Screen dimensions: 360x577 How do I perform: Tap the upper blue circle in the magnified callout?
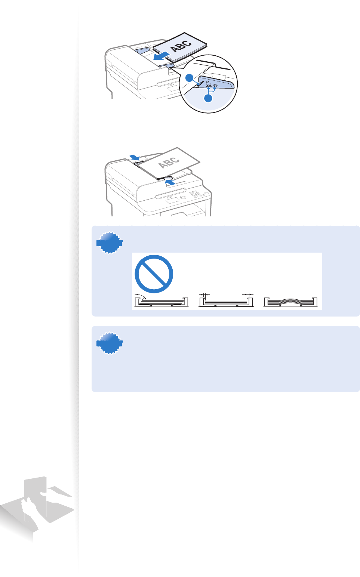click(x=190, y=78)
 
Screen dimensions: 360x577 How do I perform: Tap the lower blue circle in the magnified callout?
click(x=208, y=98)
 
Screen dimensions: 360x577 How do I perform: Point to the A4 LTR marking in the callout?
click(x=209, y=83)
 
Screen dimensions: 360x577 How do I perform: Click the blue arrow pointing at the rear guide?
click(x=135, y=157)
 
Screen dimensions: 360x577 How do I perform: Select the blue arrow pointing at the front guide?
click(x=170, y=182)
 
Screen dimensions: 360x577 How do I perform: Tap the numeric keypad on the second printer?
click(x=196, y=194)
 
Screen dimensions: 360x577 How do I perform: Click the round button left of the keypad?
click(x=182, y=197)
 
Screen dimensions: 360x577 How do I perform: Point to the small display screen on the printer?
click(x=172, y=201)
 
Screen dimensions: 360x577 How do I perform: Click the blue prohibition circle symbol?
click(x=154, y=274)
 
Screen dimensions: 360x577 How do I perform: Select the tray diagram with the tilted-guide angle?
click(x=161, y=301)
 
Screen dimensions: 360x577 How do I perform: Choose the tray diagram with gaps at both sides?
click(x=226, y=301)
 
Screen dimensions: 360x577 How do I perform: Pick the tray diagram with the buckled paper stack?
click(x=290, y=301)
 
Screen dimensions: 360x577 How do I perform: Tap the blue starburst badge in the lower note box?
click(x=110, y=343)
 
